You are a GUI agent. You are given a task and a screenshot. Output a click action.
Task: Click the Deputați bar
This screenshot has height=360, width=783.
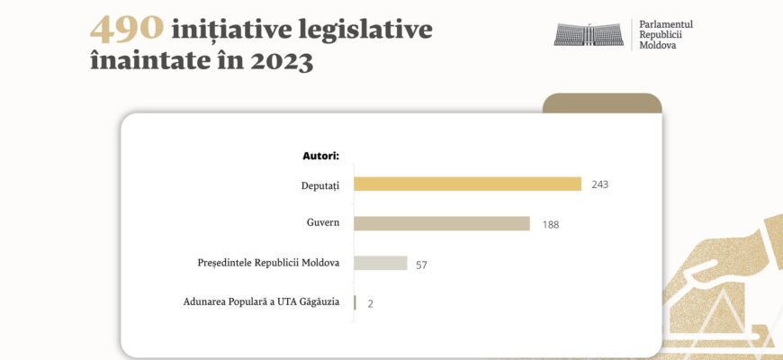tap(467, 184)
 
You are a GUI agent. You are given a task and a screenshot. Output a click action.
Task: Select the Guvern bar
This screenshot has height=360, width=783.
tap(441, 224)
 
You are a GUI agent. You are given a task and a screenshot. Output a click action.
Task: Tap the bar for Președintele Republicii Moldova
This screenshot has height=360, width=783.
tap(380, 264)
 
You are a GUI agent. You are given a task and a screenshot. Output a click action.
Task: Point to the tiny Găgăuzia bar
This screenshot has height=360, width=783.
tap(355, 302)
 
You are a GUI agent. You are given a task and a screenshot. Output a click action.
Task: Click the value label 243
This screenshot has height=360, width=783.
tap(600, 184)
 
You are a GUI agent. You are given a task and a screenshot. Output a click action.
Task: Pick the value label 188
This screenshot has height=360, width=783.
tap(550, 225)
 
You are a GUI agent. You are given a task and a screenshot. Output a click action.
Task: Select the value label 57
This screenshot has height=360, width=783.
tap(421, 265)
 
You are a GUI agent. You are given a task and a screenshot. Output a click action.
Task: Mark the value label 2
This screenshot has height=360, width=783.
tap(370, 304)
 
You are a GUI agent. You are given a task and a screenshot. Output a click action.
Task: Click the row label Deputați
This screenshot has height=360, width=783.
tap(319, 184)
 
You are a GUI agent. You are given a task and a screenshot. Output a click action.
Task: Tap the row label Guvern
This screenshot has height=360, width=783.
tap(323, 224)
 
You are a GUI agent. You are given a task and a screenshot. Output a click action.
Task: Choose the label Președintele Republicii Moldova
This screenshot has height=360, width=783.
tap(268, 263)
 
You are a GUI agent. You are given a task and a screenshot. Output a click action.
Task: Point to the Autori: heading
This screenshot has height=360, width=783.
tap(320, 156)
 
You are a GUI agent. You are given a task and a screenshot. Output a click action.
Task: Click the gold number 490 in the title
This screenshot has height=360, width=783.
tap(127, 30)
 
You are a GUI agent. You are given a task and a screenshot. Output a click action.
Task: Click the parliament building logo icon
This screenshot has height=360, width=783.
tap(588, 34)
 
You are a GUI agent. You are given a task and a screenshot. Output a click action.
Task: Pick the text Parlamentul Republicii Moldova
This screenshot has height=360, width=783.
tap(665, 34)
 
